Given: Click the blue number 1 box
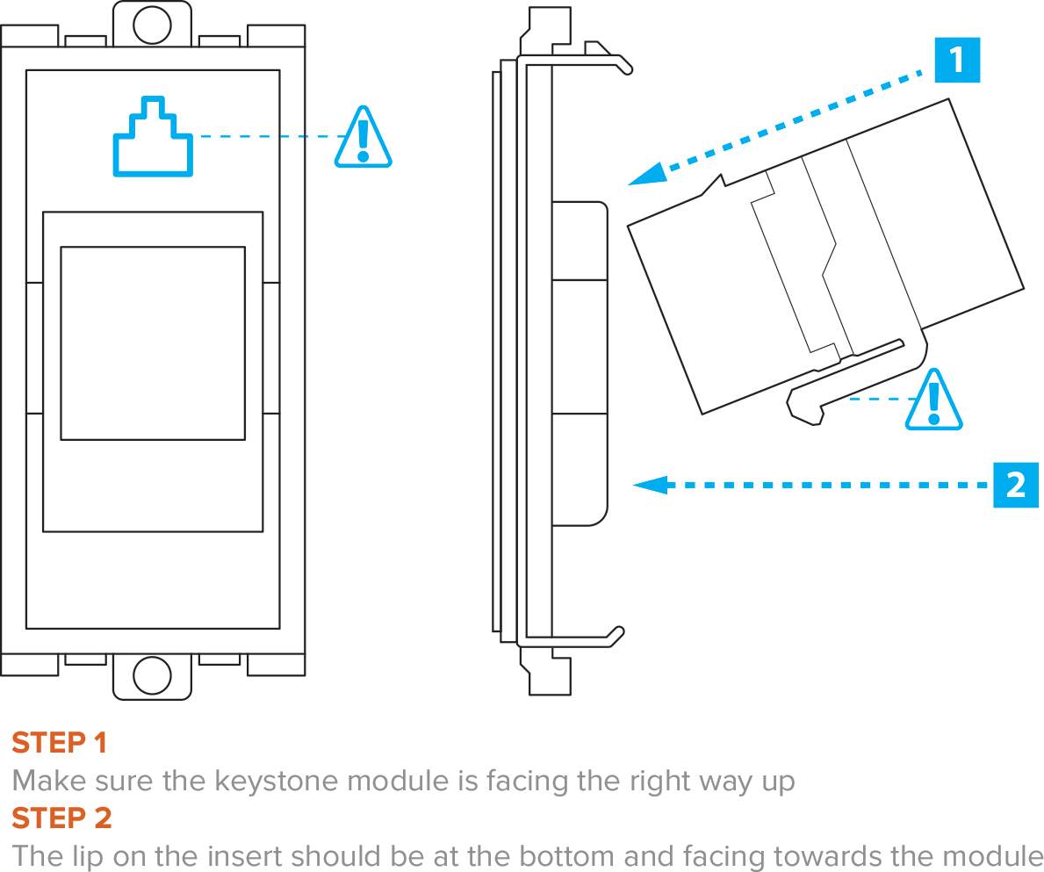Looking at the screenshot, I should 956,60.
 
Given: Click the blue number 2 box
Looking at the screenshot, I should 1016,484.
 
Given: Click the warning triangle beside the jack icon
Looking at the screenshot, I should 363,138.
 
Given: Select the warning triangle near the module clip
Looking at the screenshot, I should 933,401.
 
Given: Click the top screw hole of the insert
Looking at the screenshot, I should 152,24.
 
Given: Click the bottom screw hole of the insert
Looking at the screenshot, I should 152,675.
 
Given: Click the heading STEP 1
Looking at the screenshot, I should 59,743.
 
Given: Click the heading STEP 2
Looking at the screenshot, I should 61,818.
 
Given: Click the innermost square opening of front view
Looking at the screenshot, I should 153,342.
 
